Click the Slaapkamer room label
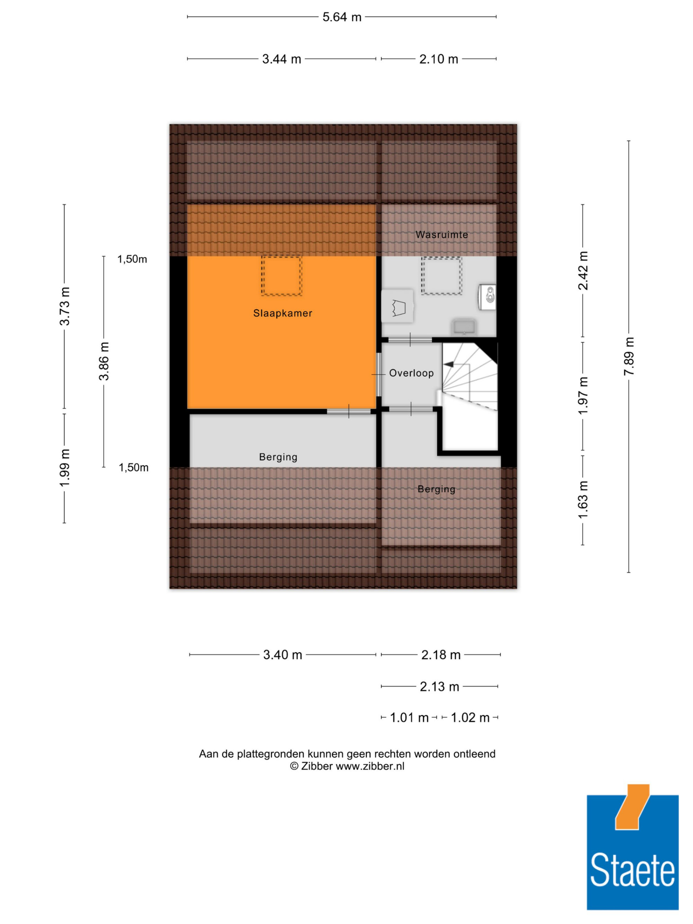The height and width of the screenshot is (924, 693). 282,313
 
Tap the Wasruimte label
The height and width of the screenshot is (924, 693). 441,235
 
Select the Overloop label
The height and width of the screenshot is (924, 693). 411,373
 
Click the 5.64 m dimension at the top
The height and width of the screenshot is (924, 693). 342,17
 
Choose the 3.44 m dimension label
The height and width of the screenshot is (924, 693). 282,59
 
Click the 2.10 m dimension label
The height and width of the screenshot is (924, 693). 439,59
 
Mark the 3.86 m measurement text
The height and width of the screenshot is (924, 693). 104,361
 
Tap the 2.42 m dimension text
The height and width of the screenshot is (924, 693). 583,271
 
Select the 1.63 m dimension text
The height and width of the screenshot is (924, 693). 583,500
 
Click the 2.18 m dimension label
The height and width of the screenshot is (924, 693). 441,654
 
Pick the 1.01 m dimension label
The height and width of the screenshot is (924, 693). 409,718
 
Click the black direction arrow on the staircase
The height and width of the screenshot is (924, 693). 448,365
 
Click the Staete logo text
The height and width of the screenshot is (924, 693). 632,870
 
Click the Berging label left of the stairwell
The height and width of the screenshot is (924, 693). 278,457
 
